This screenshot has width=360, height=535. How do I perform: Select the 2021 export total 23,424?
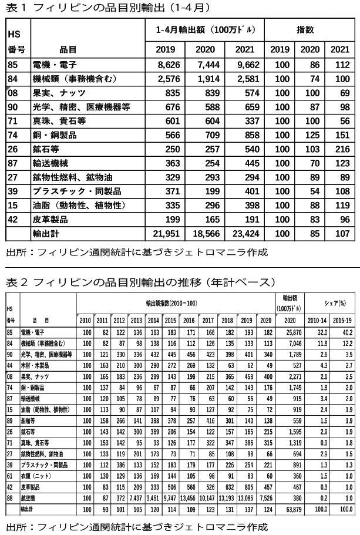(244, 233)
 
